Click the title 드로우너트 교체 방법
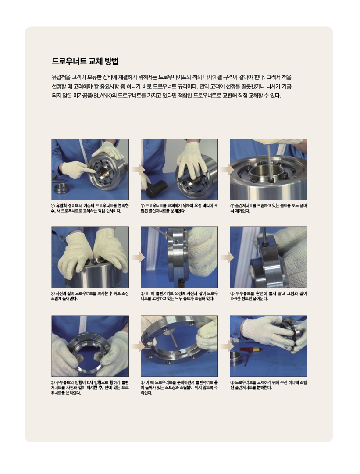click(85, 61)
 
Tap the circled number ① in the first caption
click(53, 206)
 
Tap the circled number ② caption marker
click(143, 206)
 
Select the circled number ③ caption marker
click(232, 206)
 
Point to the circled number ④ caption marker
click(53, 293)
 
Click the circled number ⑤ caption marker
click(143, 293)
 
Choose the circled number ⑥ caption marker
click(232, 293)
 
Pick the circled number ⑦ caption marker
click(53, 382)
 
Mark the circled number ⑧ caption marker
click(143, 382)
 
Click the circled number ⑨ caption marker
click(232, 382)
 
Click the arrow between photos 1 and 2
click(138, 170)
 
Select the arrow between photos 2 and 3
click(227, 170)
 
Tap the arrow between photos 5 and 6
click(227, 257)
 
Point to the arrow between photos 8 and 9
click(227, 346)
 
